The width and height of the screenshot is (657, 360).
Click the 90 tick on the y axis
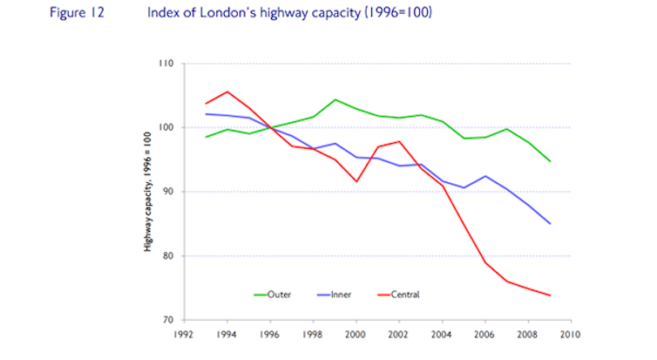click(168, 192)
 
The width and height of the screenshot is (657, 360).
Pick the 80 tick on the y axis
click(168, 256)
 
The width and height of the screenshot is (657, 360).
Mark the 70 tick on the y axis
click(168, 320)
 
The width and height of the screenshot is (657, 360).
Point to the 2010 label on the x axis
click(569, 333)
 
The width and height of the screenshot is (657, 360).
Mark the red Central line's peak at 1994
click(227, 92)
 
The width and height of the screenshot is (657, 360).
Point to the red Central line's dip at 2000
click(356, 181)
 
